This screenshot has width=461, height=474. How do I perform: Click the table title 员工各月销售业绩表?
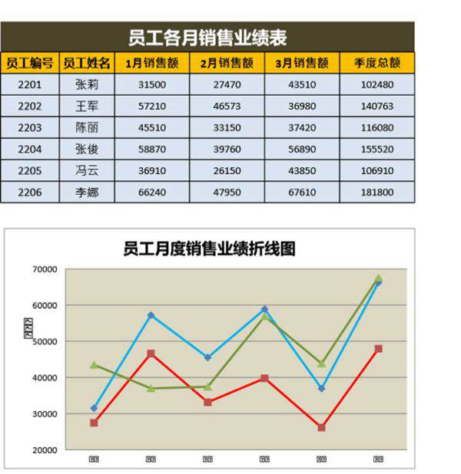(x=207, y=37)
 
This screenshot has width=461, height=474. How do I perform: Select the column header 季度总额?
(x=376, y=63)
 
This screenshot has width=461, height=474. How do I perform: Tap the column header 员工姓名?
(x=87, y=63)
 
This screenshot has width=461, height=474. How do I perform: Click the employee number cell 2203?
(x=29, y=127)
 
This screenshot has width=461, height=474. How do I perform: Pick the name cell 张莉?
(x=87, y=84)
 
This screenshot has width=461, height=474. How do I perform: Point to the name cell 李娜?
(x=87, y=192)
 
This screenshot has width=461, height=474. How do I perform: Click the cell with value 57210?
(x=151, y=106)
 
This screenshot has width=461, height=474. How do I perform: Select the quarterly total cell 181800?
(x=376, y=192)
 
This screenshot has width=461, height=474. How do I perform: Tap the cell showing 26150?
(x=227, y=170)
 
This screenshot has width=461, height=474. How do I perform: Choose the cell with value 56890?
(x=302, y=149)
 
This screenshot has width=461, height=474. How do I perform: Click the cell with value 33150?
(x=227, y=127)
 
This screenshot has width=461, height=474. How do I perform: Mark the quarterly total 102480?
(x=376, y=84)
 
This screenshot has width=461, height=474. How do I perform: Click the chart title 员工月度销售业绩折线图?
(x=209, y=249)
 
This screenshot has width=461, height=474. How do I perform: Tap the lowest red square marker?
(x=321, y=427)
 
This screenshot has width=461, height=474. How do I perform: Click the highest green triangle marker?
(x=378, y=278)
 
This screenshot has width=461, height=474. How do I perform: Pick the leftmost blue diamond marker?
(x=94, y=408)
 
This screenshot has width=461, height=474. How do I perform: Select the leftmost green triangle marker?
(x=94, y=365)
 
